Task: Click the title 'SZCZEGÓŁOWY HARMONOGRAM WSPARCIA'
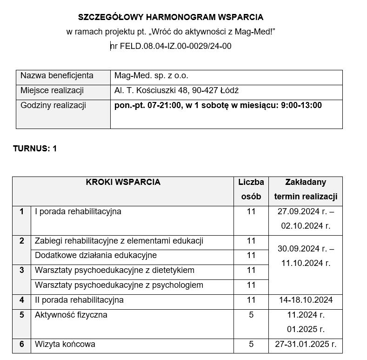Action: pyautogui.click(x=170, y=17)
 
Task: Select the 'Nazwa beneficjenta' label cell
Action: pyautogui.click(x=57, y=75)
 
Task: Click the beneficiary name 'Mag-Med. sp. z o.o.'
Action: pyautogui.click(x=151, y=75)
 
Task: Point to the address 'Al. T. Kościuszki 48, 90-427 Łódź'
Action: pyautogui.click(x=176, y=90)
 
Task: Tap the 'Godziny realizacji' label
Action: pyautogui.click(x=53, y=105)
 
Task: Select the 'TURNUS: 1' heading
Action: pyautogui.click(x=35, y=149)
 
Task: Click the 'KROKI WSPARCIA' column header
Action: pyautogui.click(x=123, y=182)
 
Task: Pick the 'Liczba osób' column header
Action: pyautogui.click(x=251, y=189)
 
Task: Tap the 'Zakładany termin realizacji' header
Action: pyautogui.click(x=306, y=189)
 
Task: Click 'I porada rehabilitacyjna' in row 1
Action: pyautogui.click(x=78, y=211)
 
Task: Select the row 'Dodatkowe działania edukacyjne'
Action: pyautogui.click(x=96, y=255)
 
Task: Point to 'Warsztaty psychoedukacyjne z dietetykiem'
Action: pyautogui.click(x=114, y=270)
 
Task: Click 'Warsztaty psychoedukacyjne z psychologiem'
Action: pyautogui.click(x=119, y=285)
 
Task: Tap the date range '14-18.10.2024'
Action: pyautogui.click(x=306, y=300)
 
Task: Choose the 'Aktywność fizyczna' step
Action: pyautogui.click(x=71, y=315)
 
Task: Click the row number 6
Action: pyautogui.click(x=21, y=345)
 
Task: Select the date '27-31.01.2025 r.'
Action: pyautogui.click(x=306, y=345)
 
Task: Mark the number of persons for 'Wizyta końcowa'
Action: pyautogui.click(x=251, y=345)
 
